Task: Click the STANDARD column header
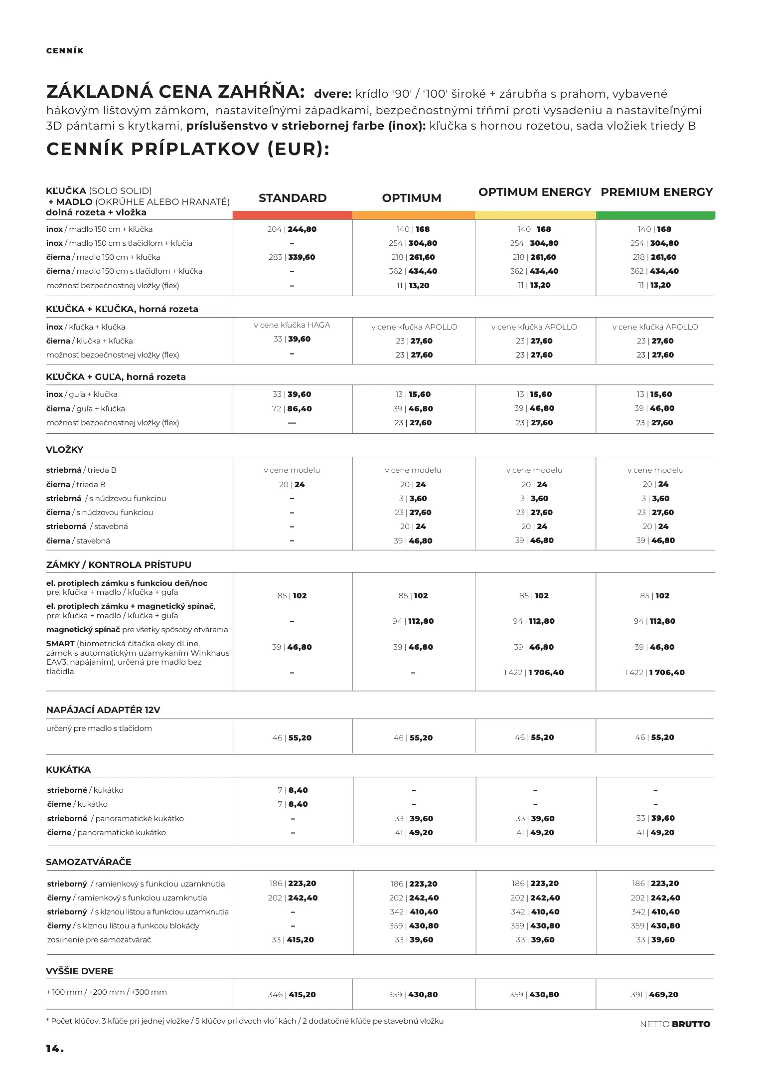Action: pyautogui.click(x=293, y=198)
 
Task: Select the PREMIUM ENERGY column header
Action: pyautogui.click(x=656, y=192)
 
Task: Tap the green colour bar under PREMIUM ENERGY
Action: pyautogui.click(x=655, y=215)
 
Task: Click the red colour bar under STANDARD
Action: pyautogui.click(x=292, y=215)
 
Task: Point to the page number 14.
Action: pyautogui.click(x=54, y=1049)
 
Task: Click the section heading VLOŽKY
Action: pyautogui.click(x=64, y=449)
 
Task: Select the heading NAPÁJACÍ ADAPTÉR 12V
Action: pyautogui.click(x=103, y=710)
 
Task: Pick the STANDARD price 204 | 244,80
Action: pyautogui.click(x=292, y=229)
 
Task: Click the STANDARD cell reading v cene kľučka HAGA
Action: pyautogui.click(x=292, y=325)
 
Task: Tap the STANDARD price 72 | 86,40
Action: pyautogui.click(x=292, y=409)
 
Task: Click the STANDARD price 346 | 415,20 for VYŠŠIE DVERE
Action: pyautogui.click(x=292, y=994)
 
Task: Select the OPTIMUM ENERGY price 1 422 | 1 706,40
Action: pyautogui.click(x=534, y=673)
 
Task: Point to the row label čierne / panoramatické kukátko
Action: pyautogui.click(x=106, y=833)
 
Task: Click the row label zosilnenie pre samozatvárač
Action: pyautogui.click(x=99, y=940)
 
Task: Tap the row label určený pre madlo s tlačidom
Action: pyautogui.click(x=99, y=728)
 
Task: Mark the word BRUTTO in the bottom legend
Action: pyautogui.click(x=691, y=1024)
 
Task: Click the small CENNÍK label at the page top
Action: pyautogui.click(x=65, y=51)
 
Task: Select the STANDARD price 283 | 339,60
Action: pyautogui.click(x=292, y=257)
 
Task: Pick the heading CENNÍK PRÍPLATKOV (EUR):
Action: pyautogui.click(x=188, y=149)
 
